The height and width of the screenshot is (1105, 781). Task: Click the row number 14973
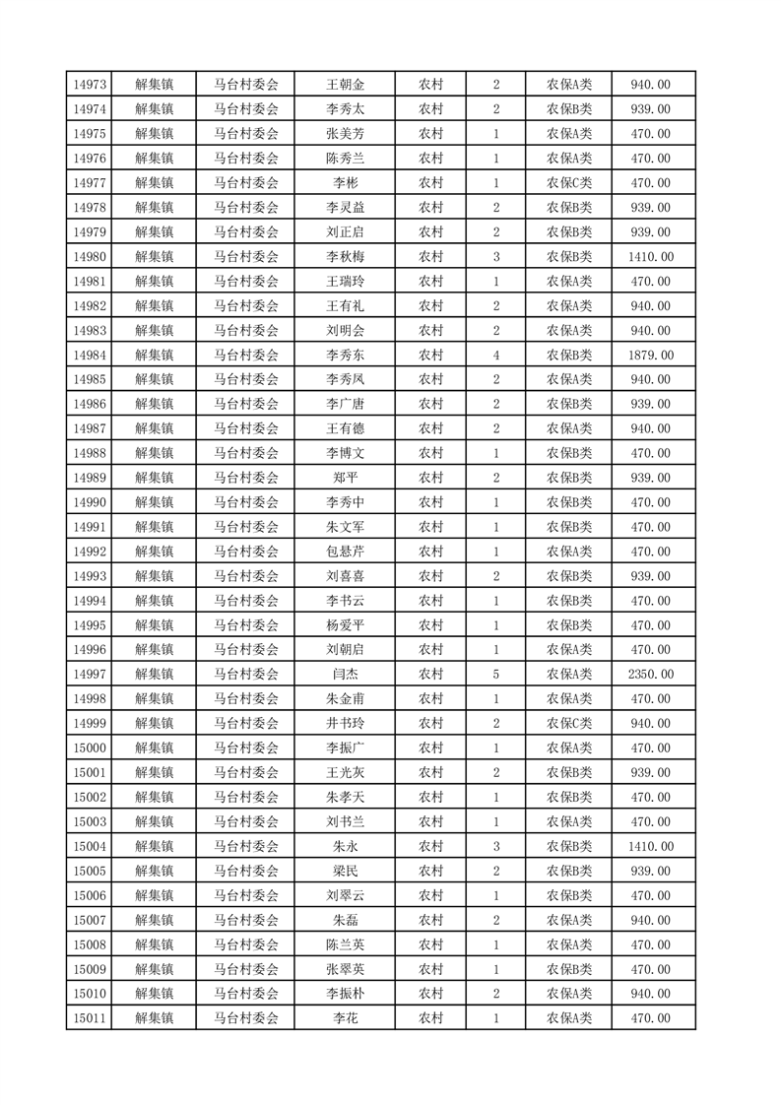point(90,85)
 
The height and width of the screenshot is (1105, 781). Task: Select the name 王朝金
point(345,85)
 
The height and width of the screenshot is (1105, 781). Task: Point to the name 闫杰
point(345,674)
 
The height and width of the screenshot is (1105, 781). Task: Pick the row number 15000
point(90,747)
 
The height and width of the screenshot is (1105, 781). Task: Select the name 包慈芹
point(345,552)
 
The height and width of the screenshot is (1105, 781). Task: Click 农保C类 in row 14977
point(569,183)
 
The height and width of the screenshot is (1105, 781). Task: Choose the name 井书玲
point(345,723)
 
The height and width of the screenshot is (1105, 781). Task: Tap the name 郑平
point(345,478)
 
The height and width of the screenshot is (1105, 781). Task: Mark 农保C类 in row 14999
point(569,723)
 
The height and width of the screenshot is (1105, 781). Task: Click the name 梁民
point(345,871)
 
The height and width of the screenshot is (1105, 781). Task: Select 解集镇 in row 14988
point(154,453)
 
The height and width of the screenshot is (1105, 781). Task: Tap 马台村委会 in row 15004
point(246,846)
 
